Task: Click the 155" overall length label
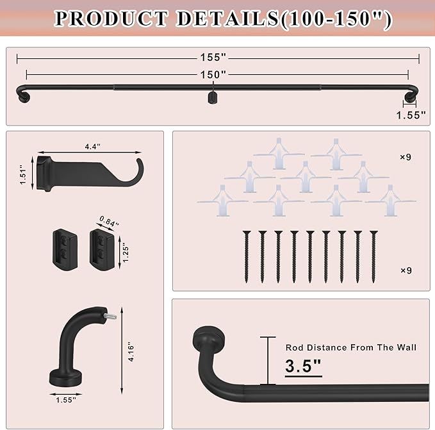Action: [x=213, y=58]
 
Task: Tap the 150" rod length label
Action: [x=213, y=74]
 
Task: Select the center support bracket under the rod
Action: [x=213, y=98]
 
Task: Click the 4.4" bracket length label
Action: [x=93, y=147]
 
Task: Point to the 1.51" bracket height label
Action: [x=23, y=174]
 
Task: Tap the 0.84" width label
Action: [x=109, y=222]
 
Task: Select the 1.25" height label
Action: [x=126, y=252]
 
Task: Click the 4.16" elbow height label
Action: [x=131, y=352]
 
